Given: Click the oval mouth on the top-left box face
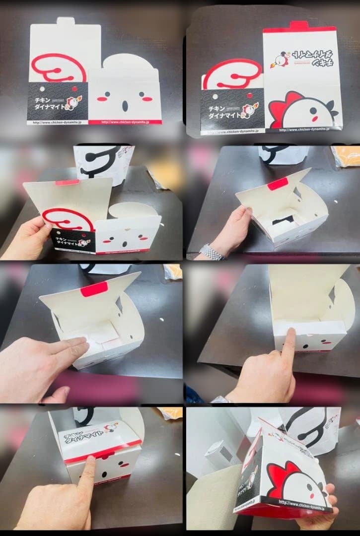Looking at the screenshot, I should pyautogui.click(x=125, y=105).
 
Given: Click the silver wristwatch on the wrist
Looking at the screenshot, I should pyautogui.click(x=212, y=252).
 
